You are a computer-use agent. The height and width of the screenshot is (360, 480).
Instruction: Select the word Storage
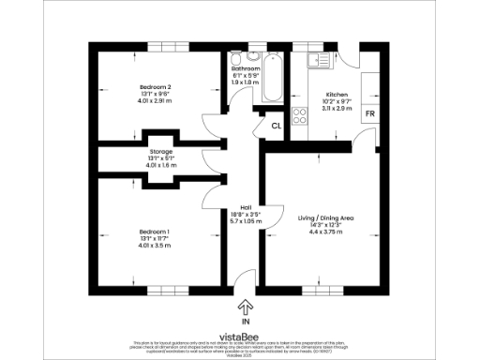[161, 152]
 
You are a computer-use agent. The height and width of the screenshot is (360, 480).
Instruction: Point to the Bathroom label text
[246, 68]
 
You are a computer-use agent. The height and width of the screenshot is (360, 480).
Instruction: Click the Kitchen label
[337, 96]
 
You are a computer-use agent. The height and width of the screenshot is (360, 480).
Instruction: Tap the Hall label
[246, 207]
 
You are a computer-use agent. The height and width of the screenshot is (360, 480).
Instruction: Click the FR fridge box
[370, 113]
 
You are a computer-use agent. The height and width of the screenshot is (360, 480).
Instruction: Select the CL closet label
[277, 126]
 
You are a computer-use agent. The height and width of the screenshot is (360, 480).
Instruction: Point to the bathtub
[272, 79]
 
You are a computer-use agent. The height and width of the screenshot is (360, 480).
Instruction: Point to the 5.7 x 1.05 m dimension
[246, 222]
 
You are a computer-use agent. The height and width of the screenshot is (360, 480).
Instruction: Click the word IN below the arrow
[246, 320]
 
